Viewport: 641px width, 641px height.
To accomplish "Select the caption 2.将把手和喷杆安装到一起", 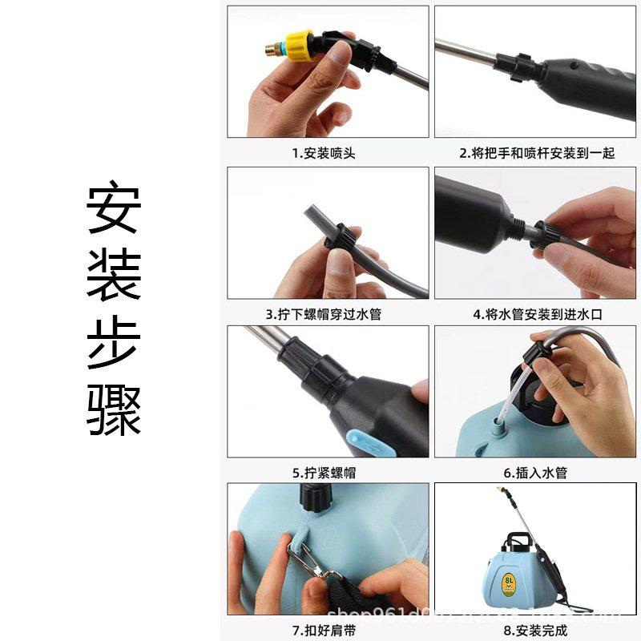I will coord(536,153).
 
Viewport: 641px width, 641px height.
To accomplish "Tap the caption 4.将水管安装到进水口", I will coord(536,314).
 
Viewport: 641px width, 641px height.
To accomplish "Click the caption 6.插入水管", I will coord(536,473).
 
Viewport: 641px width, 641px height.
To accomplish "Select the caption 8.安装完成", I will coord(536,630).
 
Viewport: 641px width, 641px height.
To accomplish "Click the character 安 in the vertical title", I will coord(115,210).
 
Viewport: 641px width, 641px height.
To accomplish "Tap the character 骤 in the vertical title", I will coord(115,410).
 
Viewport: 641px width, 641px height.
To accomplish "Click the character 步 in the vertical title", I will coord(115,344).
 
